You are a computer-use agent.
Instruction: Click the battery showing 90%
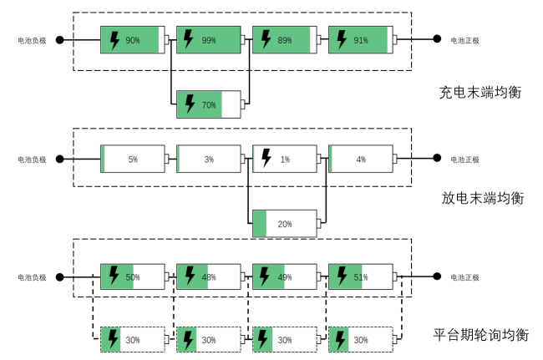(x=131, y=39)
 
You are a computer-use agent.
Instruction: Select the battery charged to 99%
(x=208, y=39)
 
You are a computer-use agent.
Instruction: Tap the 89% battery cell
(x=284, y=39)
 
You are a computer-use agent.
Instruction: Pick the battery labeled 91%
(x=360, y=39)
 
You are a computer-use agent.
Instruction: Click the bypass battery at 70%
(x=208, y=104)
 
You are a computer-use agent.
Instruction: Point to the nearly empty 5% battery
(x=132, y=159)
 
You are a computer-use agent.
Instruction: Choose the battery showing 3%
(x=208, y=159)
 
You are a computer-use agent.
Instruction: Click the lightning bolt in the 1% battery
(x=266, y=158)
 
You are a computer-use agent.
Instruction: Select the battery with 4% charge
(x=360, y=159)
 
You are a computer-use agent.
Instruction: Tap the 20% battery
(x=284, y=223)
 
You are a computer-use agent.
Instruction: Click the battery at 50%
(x=131, y=276)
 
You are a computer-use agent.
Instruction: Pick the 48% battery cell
(x=208, y=276)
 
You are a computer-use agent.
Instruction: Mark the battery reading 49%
(x=284, y=276)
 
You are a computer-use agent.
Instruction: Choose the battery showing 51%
(x=360, y=276)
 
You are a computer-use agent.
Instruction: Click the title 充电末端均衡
(x=480, y=93)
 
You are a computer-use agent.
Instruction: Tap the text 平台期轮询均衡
(x=480, y=335)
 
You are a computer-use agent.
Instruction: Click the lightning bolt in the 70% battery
(x=190, y=104)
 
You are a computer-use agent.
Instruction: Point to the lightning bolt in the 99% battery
(x=190, y=39)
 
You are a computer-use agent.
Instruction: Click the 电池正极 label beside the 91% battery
(x=464, y=40)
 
